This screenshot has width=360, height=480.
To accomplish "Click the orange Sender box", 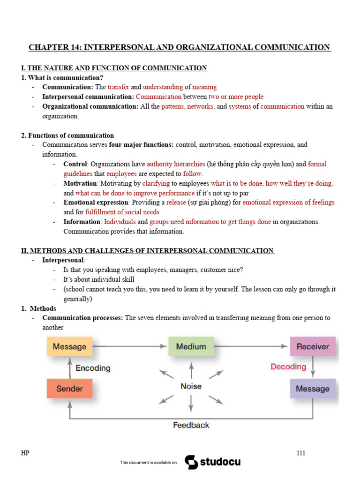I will tap(69, 389).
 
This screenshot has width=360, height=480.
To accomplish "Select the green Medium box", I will tap(191, 347).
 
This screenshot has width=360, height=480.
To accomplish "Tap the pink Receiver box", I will tap(313, 347).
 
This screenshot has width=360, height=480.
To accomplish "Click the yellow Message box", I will tap(69, 347).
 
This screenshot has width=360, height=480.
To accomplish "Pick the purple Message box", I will tap(313, 389).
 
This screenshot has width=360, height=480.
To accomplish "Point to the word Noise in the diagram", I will tap(191, 386).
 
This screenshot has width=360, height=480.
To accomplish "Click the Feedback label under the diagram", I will tap(191, 425).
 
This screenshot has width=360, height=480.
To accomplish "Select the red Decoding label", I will tap(288, 367).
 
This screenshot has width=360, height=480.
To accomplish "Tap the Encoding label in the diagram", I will tap(93, 368).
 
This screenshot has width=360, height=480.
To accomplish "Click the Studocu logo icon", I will tap(191, 462).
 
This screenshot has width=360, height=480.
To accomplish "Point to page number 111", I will tap(301, 453).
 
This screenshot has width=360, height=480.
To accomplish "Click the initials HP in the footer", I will tap(25, 453).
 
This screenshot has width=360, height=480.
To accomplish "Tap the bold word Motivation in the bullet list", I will tap(80, 183).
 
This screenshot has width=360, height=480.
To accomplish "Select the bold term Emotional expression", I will tap(96, 202).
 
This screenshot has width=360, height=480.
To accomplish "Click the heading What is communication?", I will tap(65, 77).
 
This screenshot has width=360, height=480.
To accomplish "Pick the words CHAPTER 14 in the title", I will tap(52, 47).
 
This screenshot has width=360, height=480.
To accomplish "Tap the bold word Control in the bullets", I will tap(75, 164).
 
